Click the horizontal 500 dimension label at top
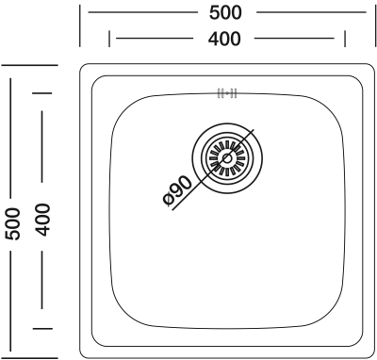click(x=225, y=13)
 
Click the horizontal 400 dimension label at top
click(x=224, y=39)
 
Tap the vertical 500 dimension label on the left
click(x=13, y=223)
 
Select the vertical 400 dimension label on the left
click(x=42, y=220)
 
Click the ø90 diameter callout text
click(x=177, y=191)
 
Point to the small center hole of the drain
click(x=227, y=158)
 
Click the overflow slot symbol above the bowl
click(x=227, y=93)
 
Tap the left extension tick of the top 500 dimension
click(x=80, y=25)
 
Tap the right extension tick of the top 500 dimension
click(x=375, y=25)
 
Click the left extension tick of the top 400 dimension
click(x=109, y=39)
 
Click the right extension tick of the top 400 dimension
click(x=345, y=39)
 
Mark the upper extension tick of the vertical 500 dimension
click(x=30, y=65)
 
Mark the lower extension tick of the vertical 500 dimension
click(x=30, y=358)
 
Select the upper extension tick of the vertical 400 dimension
click(x=42, y=93)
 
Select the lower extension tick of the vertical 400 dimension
click(x=42, y=329)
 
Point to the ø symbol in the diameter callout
click(x=169, y=199)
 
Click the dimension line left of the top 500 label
click(x=143, y=12)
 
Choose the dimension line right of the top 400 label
click(x=294, y=39)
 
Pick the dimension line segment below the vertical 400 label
click(x=42, y=280)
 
